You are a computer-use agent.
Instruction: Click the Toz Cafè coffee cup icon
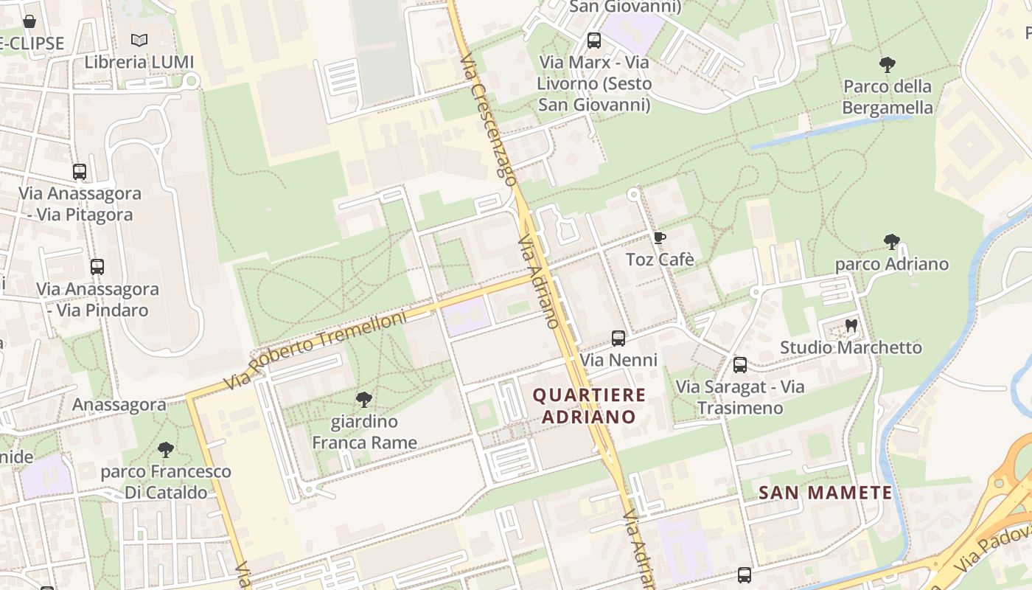[x=659, y=237]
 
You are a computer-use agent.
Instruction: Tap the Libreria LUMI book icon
[x=139, y=41]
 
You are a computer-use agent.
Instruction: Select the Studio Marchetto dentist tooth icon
[x=851, y=325]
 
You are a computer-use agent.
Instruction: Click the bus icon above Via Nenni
[x=618, y=339]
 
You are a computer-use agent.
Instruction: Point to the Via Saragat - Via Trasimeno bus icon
[x=740, y=365]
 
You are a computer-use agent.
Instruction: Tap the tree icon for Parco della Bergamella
[x=888, y=65]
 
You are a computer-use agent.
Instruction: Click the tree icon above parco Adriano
[x=892, y=242]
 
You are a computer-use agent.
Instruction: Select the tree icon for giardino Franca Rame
[x=363, y=400]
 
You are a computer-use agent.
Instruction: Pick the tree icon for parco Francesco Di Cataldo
[x=166, y=450]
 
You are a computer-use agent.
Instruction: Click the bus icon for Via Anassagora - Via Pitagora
[x=80, y=172]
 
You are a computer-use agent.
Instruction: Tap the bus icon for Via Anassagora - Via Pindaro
[x=97, y=267]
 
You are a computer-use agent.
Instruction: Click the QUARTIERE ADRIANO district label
[x=589, y=406]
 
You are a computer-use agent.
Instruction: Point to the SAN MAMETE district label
[x=826, y=493]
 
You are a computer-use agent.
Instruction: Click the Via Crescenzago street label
[x=487, y=117]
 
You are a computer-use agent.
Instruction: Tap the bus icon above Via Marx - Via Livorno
[x=594, y=41]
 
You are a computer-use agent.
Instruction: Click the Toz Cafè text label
[x=660, y=260]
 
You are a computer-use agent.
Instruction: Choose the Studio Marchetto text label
[x=851, y=347]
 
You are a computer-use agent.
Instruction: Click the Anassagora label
[x=119, y=405]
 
